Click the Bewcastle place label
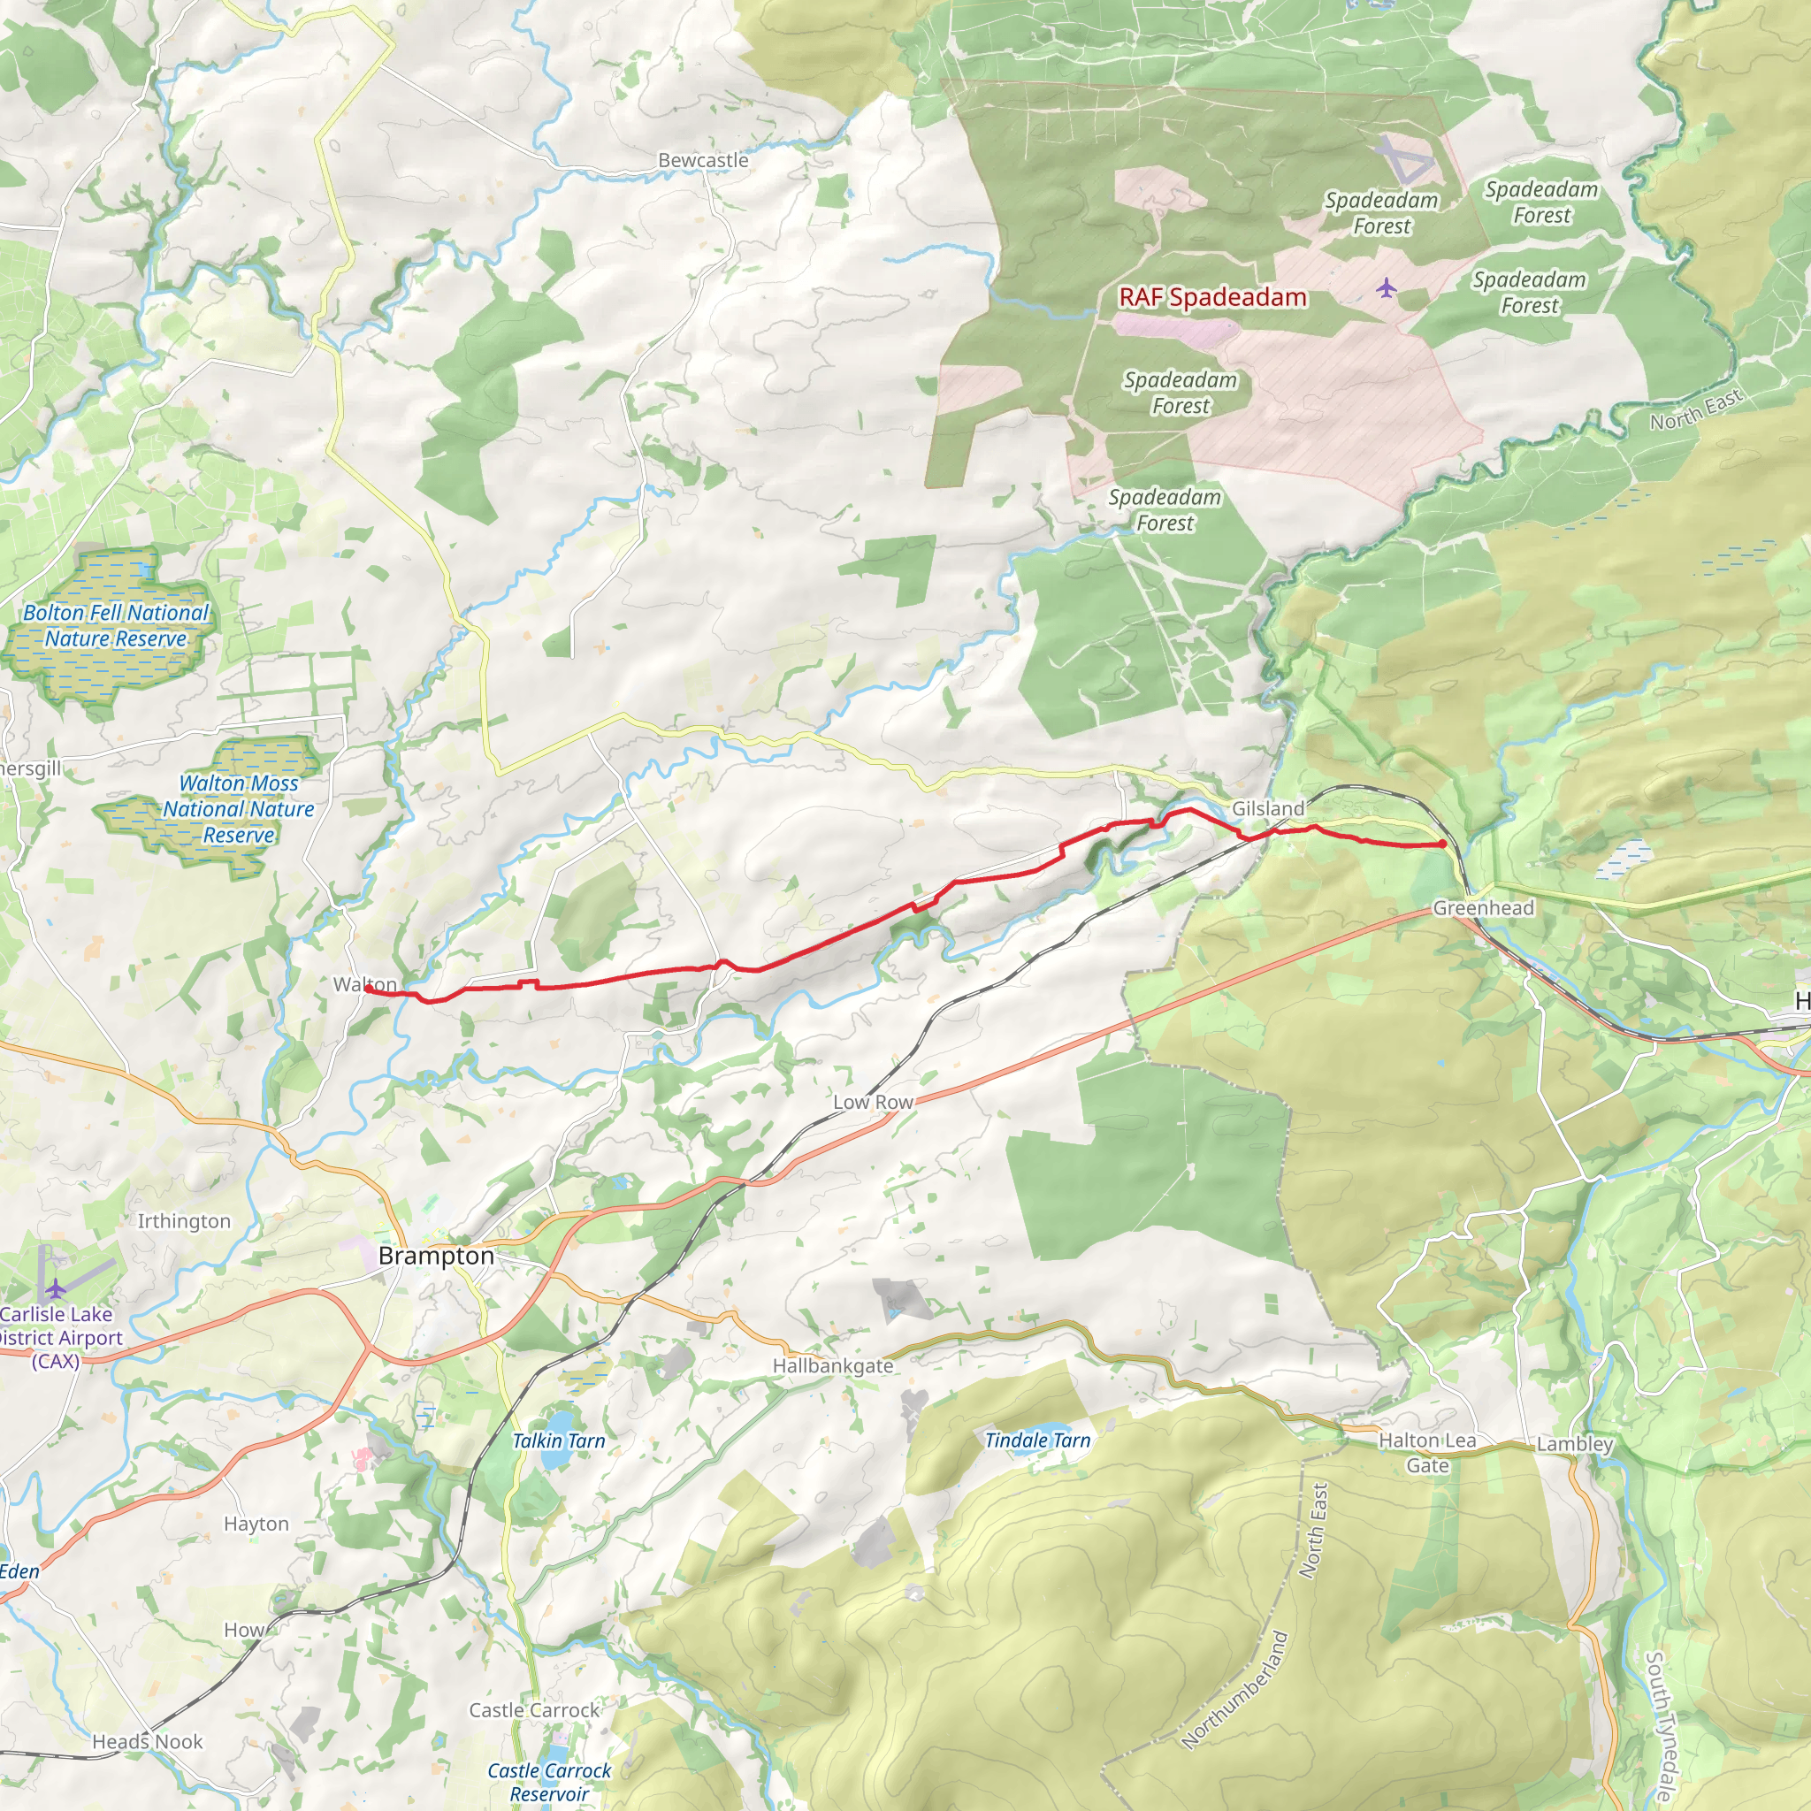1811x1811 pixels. pyautogui.click(x=703, y=160)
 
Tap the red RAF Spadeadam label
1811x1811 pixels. pyautogui.click(x=1212, y=297)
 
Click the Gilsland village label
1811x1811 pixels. pyautogui.click(x=1267, y=808)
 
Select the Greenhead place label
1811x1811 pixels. pyautogui.click(x=1483, y=907)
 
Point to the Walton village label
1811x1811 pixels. pyautogui.click(x=364, y=984)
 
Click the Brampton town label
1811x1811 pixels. pyautogui.click(x=436, y=1255)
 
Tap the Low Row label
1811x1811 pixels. pyautogui.click(x=873, y=1103)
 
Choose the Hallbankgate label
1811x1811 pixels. pyautogui.click(x=832, y=1365)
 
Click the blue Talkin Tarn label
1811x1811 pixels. pyautogui.click(x=559, y=1440)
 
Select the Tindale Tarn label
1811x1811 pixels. pyautogui.click(x=1037, y=1440)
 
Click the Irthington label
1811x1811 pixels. pyautogui.click(x=184, y=1220)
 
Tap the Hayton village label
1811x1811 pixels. pyautogui.click(x=256, y=1524)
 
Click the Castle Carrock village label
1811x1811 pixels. pyautogui.click(x=534, y=1710)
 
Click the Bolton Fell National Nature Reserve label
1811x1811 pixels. pyautogui.click(x=116, y=625)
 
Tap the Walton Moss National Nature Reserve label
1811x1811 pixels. pyautogui.click(x=238, y=808)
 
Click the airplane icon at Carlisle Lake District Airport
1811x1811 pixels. pyautogui.click(x=56, y=1289)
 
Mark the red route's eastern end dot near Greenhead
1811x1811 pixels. pyautogui.click(x=1442, y=844)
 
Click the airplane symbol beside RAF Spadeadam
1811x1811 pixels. pyautogui.click(x=1387, y=287)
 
